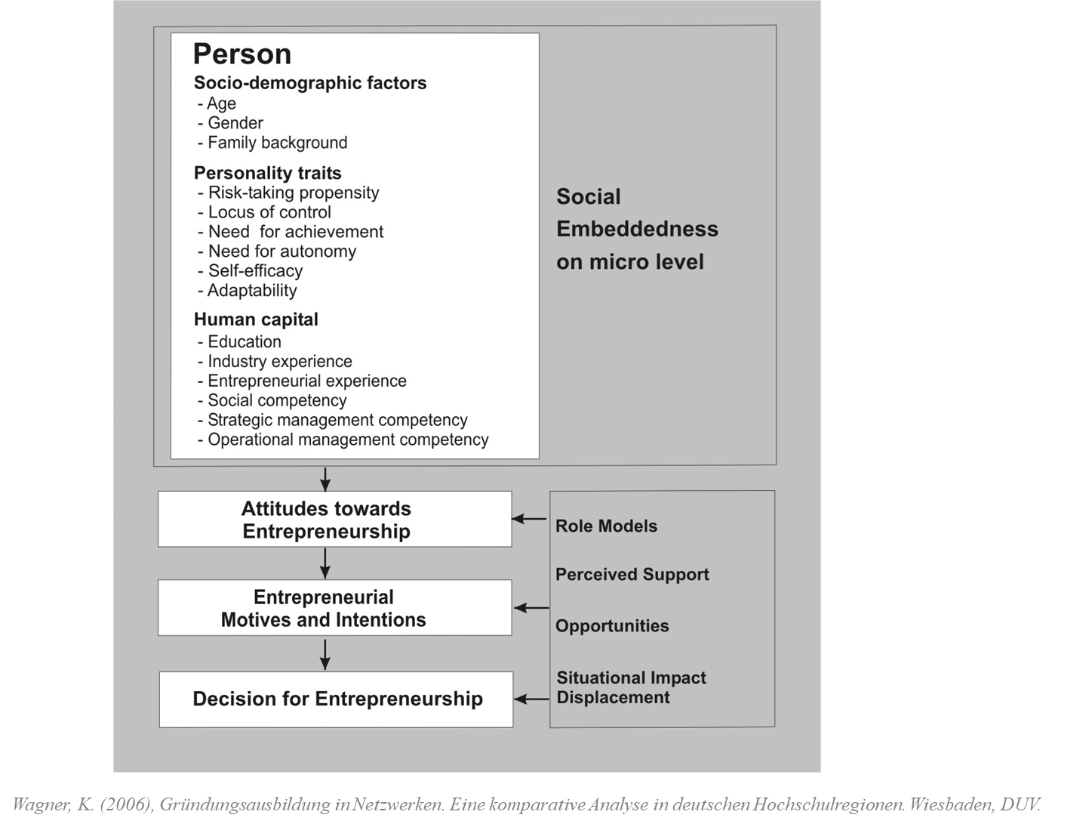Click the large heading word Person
(x=242, y=54)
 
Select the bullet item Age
(x=221, y=103)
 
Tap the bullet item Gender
(x=235, y=123)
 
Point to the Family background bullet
(x=277, y=143)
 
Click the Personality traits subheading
(x=268, y=173)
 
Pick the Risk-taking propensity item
(x=293, y=193)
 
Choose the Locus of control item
(x=269, y=212)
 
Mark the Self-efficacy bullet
(x=255, y=270)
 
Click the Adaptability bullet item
(x=252, y=290)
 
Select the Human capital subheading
(x=256, y=319)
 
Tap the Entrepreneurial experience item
(x=306, y=381)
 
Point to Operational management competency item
(x=348, y=440)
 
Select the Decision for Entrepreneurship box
(x=337, y=699)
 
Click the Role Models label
(x=606, y=526)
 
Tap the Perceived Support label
(x=632, y=575)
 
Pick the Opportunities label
(x=612, y=626)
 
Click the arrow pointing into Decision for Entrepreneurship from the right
(x=531, y=699)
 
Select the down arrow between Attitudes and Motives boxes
(x=325, y=563)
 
